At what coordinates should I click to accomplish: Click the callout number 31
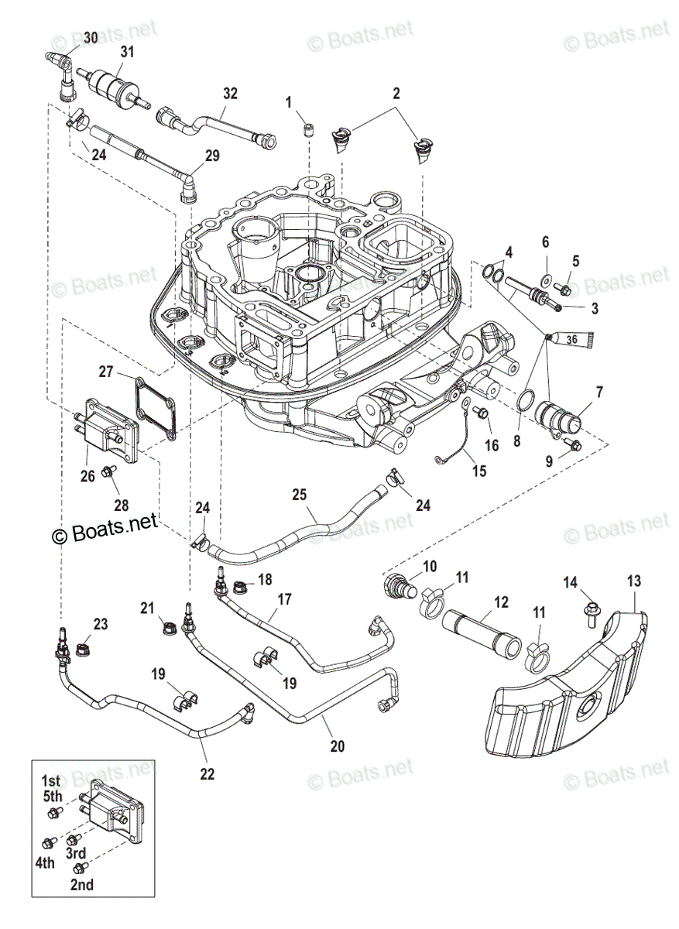127,52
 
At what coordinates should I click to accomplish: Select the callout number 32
230,94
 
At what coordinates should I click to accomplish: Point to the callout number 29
212,156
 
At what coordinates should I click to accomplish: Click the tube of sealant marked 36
571,339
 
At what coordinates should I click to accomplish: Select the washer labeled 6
547,279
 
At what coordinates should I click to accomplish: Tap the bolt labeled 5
564,289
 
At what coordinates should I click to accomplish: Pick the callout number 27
106,371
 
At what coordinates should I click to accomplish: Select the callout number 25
299,495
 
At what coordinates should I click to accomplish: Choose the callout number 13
634,581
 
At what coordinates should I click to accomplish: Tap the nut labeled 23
84,649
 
